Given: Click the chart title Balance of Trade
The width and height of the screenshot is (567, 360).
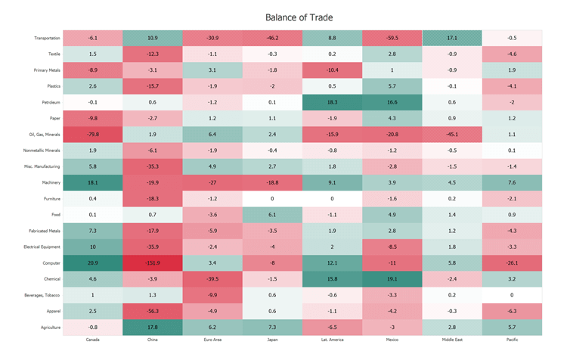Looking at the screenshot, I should tap(299, 17).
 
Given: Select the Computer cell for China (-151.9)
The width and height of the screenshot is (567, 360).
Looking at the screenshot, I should tap(153, 262).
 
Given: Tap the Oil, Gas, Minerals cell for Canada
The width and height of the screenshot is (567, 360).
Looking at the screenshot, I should tap(92, 134).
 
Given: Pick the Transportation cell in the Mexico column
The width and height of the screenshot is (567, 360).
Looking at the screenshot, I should tap(392, 38).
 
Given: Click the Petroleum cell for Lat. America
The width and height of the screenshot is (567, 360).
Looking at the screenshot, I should tap(332, 102).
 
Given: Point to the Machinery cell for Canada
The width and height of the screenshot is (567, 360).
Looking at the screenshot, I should tap(92, 182).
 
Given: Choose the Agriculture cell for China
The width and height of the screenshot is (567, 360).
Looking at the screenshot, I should tap(153, 327).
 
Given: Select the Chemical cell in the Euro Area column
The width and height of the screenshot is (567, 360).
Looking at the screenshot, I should tap(212, 278).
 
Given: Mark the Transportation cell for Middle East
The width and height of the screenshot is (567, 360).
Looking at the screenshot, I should tap(451, 38).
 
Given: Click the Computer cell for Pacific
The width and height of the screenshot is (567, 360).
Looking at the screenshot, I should tap(512, 262).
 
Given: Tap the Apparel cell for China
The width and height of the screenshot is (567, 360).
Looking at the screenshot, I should tap(153, 311).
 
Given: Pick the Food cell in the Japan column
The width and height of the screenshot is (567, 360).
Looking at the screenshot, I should tap(272, 215).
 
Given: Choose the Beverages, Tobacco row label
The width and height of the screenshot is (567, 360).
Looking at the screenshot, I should tap(44, 295).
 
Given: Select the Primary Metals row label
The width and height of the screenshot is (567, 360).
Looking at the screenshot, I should tap(48, 70).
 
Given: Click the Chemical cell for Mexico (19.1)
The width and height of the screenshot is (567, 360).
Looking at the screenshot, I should tap(392, 278).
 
